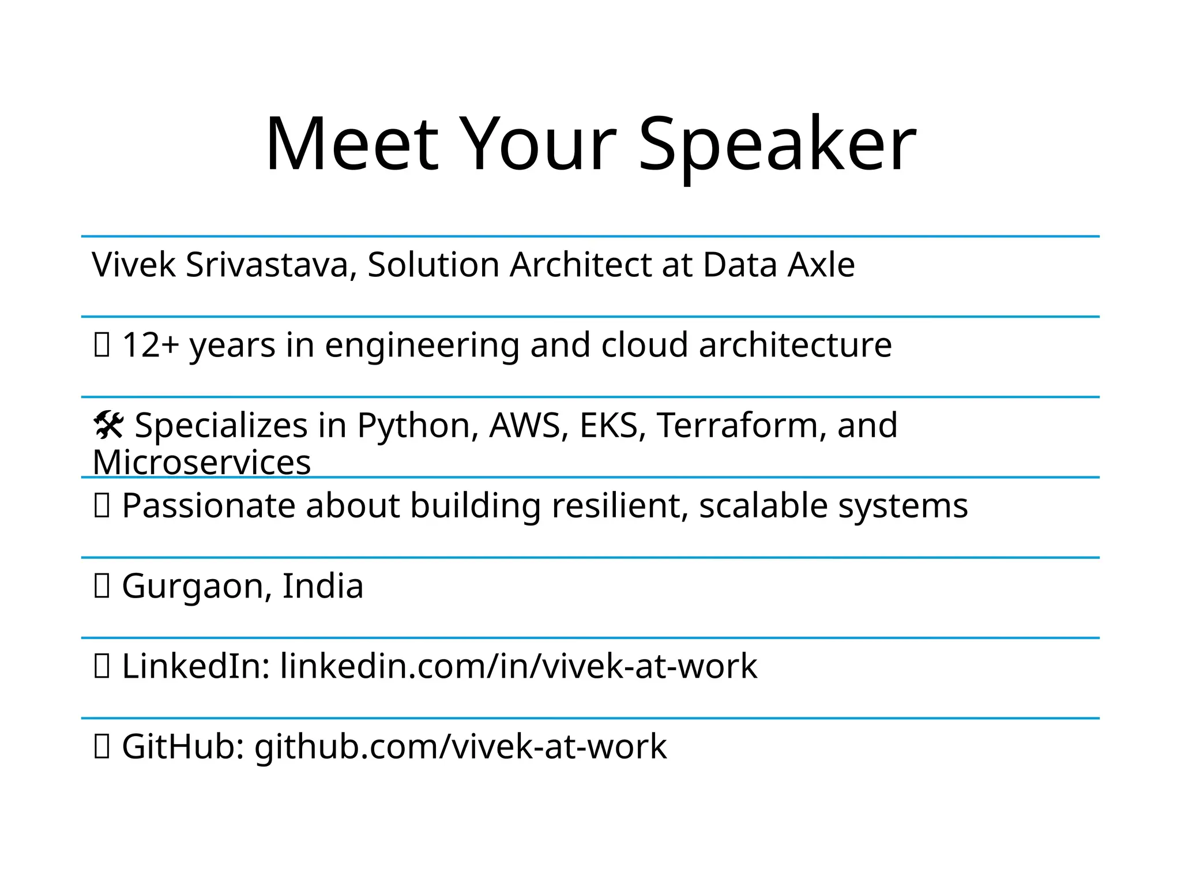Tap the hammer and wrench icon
[108, 426]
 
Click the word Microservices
[202, 463]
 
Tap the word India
[323, 586]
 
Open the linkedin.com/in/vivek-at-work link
[518, 666]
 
